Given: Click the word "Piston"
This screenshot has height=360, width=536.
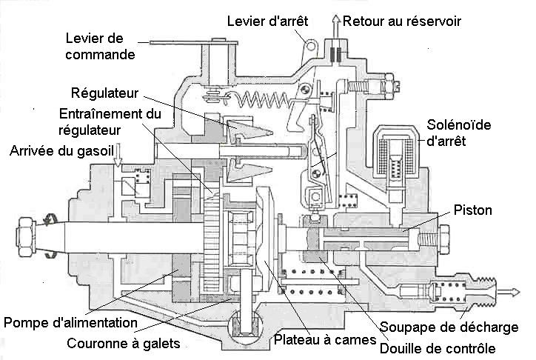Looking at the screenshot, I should click(x=473, y=211).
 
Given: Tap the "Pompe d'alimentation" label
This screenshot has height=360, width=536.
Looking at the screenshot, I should click(x=70, y=323).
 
